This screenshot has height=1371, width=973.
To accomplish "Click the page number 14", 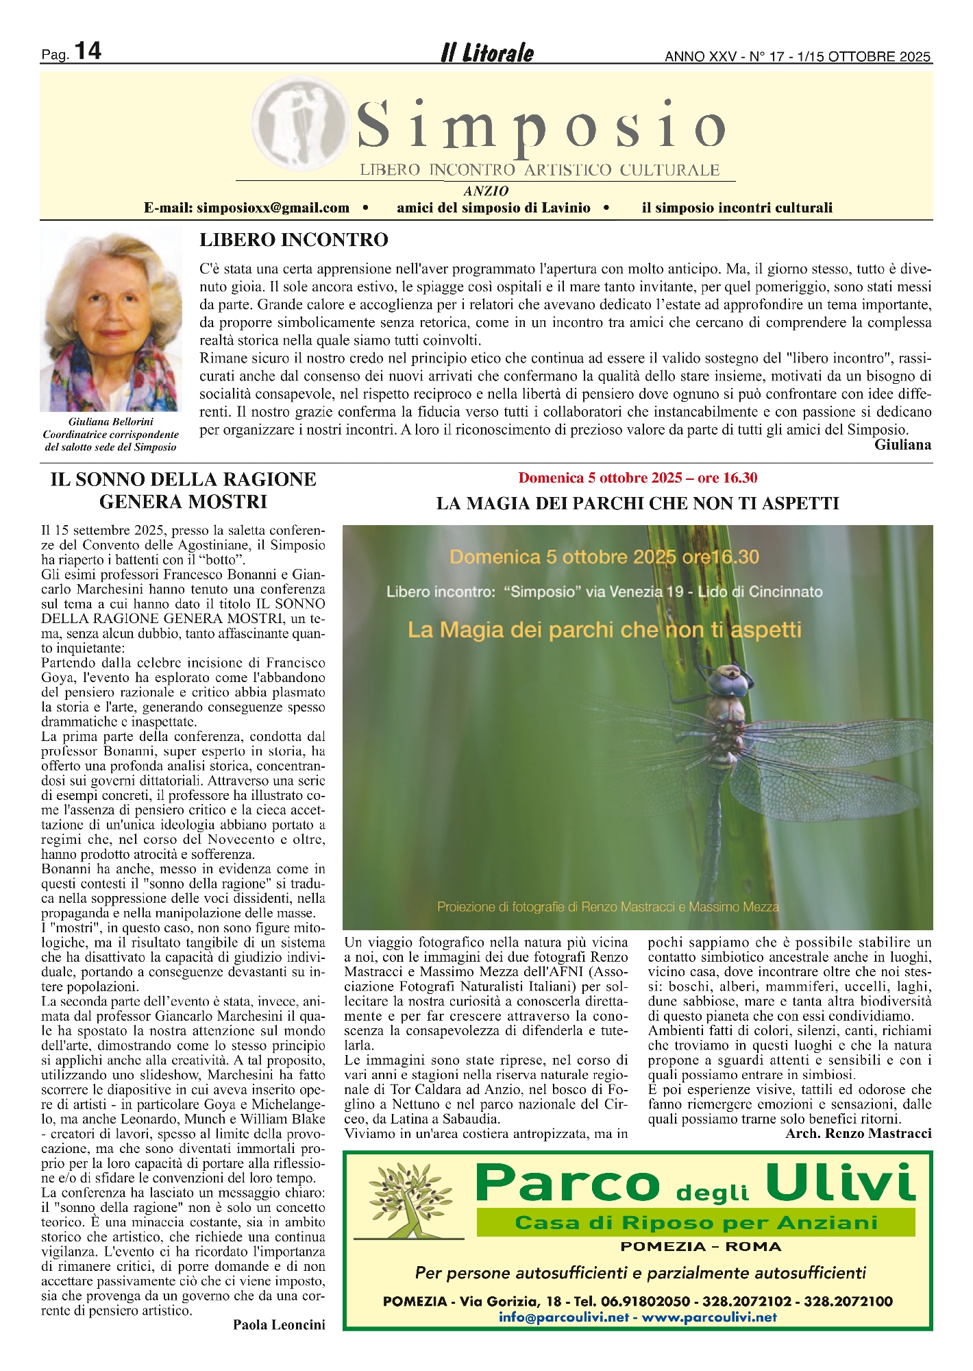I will [x=87, y=51].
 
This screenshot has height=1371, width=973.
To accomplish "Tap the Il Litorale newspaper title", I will [x=486, y=53].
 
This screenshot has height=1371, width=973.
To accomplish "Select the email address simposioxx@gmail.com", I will [x=273, y=208].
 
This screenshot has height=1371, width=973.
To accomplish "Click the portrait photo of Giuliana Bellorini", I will [x=111, y=319].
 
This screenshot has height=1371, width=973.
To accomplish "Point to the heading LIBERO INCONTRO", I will [x=293, y=240].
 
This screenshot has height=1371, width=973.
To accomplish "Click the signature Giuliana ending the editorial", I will [x=902, y=445].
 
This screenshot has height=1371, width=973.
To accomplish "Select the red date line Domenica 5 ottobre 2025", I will [x=637, y=478].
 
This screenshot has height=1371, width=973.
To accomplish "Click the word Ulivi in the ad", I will [x=840, y=1183].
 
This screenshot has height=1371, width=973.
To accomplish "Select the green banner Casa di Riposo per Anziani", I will [x=695, y=1222].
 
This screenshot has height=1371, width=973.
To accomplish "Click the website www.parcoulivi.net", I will [x=709, y=1317].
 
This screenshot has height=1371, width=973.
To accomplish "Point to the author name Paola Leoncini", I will [x=279, y=1324].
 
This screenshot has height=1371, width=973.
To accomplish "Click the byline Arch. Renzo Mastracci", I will [x=858, y=1133].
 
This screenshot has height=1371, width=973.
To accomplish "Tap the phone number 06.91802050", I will [x=645, y=1301].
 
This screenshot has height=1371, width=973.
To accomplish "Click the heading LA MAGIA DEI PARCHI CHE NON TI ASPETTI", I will [x=637, y=504].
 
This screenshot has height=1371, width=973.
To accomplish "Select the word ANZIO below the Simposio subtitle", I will [x=486, y=191].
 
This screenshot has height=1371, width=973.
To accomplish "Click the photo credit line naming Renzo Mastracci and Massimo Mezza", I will [x=608, y=907].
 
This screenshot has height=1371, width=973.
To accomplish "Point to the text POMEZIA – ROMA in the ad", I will [x=700, y=1246].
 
